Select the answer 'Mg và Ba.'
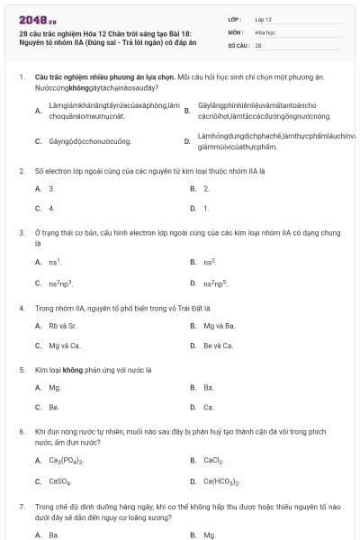pos(219,326)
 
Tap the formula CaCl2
pos(213,461)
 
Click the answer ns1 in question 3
pos(54,262)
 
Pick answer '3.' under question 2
pos(51,189)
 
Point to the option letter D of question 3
pos(193,283)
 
